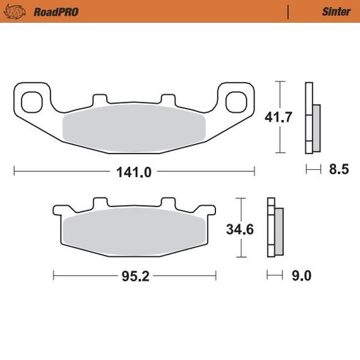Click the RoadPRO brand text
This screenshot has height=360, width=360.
56,12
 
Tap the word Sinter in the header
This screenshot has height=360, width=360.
337,12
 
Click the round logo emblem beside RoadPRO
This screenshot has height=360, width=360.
15,12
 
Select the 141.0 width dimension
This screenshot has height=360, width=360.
134,172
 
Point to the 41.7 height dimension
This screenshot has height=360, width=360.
279,117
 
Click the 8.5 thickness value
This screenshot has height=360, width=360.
339,169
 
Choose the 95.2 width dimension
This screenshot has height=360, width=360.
135,276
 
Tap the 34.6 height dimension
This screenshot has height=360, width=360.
240,229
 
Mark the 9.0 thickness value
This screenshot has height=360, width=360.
301,275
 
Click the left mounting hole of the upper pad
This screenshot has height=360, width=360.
32,102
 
